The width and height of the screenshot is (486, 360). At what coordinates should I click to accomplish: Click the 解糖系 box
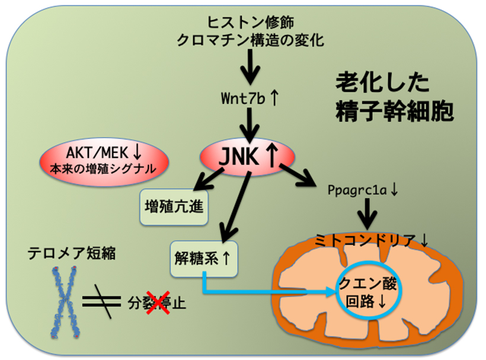click(x=203, y=259)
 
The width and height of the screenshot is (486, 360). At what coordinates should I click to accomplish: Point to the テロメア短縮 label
click(x=71, y=253)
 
